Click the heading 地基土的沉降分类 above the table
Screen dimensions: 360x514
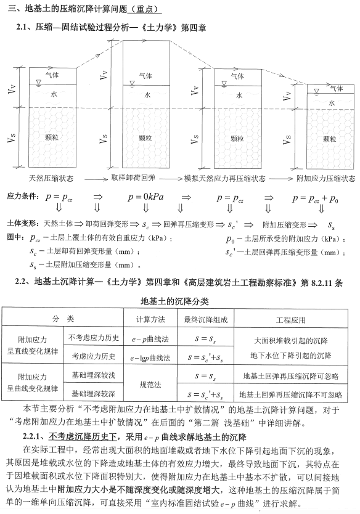pyautogui.click(x=179, y=302)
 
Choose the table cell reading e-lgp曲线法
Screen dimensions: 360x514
pyautogui.click(x=146, y=356)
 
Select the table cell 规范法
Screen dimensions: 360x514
pyautogui.click(x=146, y=385)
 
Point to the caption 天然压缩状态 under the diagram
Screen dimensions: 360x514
pyautogui.click(x=51, y=178)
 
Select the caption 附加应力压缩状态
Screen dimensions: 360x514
pyautogui.click(x=326, y=178)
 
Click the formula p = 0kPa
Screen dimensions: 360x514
pyautogui.click(x=145, y=198)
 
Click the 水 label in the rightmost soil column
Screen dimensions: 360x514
pyautogui.click(x=331, y=104)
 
